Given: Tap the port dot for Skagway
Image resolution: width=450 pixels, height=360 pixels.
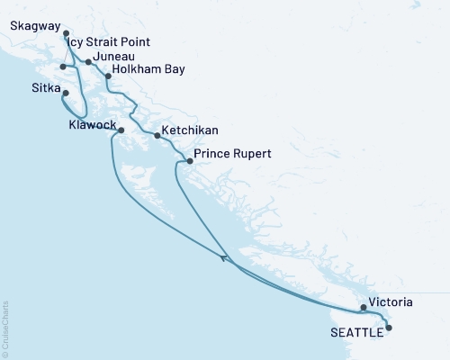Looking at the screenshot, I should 66,35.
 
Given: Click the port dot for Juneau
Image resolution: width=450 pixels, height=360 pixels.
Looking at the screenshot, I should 88,62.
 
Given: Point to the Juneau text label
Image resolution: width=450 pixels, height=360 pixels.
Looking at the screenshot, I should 114,56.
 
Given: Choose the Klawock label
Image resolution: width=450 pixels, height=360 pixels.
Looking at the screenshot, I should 92,125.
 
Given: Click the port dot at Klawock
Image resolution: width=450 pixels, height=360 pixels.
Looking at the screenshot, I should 121,130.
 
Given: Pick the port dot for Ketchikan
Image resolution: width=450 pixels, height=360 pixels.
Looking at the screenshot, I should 157,136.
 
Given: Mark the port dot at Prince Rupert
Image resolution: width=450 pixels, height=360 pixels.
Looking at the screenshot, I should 189,161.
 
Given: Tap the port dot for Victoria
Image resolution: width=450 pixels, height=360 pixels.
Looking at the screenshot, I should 363,308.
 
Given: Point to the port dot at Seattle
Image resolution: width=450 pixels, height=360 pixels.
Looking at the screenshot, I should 389,329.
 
